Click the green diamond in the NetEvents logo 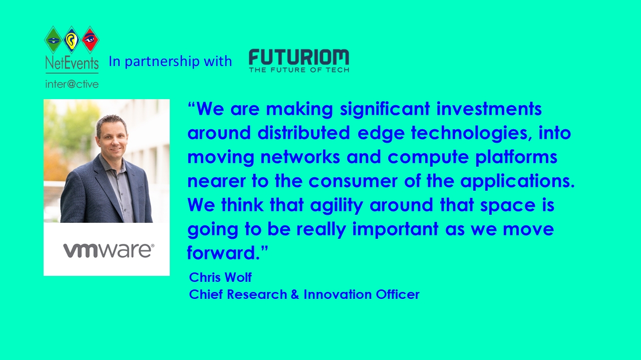coord(54,40)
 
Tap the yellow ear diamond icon coord(72,40)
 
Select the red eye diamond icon coord(90,40)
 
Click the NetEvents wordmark coord(72,63)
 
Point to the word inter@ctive coord(72,84)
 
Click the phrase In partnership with coord(170,61)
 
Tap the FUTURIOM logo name coord(299,57)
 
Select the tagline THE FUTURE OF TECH coord(299,70)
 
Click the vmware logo coord(109,250)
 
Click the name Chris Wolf coord(220,277)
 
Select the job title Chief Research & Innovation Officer coord(304,294)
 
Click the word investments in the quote coord(489,109)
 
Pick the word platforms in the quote coord(516,157)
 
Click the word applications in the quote coord(517,181)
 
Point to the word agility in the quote coord(337,205)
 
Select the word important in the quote coord(395,229)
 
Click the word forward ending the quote coord(223,253)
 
